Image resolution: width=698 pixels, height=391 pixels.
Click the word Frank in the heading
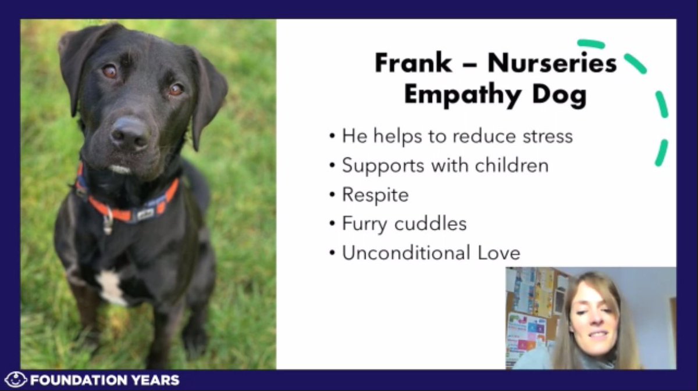[412, 63]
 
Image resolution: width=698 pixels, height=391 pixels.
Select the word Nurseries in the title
[552, 63]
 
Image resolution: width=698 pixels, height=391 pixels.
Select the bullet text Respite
[375, 195]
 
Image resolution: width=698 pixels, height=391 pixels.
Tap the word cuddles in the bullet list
[434, 224]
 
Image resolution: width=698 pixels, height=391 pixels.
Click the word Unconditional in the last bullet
[406, 253]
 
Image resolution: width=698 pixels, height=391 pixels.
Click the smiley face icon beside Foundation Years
[15, 381]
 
